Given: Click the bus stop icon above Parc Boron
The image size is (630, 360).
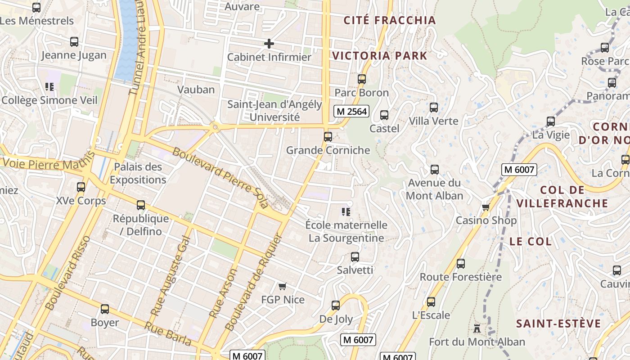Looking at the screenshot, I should (361, 79).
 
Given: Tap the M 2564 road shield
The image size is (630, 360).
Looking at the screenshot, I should (351, 111).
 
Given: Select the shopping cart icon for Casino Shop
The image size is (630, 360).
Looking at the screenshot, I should (486, 207).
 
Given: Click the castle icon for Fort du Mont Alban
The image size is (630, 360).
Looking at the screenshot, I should (477, 329).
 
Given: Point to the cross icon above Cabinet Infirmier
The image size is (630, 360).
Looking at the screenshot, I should (269, 44).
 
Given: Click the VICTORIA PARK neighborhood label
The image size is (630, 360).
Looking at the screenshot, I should (379, 56).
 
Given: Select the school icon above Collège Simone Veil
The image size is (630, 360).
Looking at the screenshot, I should (49, 86).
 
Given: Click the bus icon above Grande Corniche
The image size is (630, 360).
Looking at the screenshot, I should (328, 137).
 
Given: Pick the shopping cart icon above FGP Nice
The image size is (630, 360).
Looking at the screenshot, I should (283, 286).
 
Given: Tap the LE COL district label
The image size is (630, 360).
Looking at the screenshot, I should (530, 241).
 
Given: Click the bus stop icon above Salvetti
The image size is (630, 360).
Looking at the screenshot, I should (355, 257).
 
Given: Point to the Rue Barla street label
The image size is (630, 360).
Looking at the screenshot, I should (167, 333).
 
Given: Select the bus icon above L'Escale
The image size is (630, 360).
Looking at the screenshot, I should (431, 302).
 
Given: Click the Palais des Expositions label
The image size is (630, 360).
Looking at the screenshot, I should (138, 173).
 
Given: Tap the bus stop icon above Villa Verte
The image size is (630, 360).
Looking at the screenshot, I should (434, 108).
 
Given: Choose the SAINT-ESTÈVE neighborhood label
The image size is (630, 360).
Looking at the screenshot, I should (558, 324).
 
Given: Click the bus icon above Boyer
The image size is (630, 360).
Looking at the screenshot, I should (105, 309).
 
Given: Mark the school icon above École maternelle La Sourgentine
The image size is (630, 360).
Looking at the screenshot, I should (346, 211).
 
